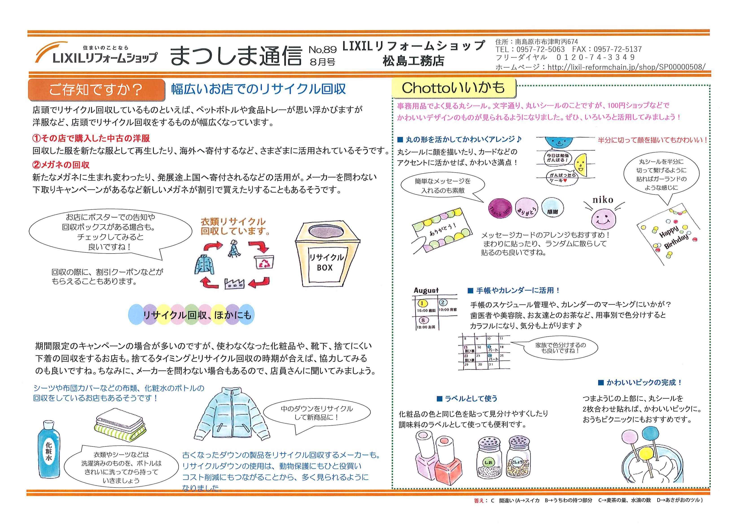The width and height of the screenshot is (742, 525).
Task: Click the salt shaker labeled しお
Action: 489,458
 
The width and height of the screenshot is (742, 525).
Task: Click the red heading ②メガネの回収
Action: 61,165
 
